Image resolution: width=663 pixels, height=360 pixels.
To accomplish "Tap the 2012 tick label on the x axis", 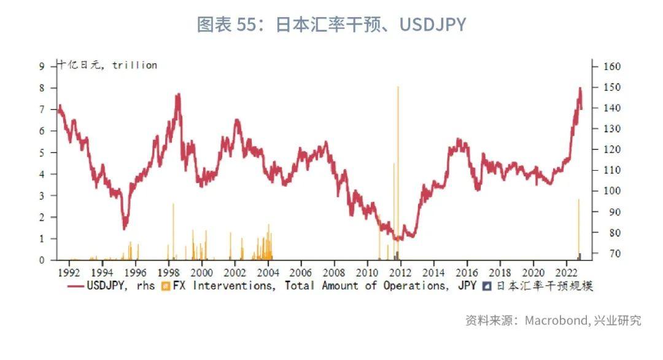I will point(400,272).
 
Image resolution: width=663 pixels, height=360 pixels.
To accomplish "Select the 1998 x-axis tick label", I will point(168,272).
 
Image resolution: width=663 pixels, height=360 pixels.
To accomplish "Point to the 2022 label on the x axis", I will point(566,272).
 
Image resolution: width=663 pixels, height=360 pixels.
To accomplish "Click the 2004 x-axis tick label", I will point(268,272).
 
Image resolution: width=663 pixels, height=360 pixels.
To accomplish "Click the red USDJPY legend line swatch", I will point(76,286).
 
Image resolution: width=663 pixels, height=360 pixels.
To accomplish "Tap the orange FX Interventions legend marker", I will point(165,286).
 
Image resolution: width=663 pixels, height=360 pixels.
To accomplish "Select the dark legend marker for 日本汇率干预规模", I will point(486,286).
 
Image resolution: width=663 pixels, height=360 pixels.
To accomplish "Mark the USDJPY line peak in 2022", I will point(580,88).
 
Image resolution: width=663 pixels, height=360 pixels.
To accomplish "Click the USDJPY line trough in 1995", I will point(125,228).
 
